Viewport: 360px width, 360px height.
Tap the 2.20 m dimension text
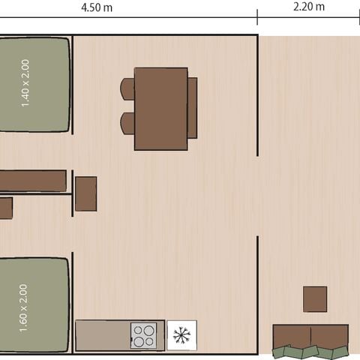click(x=308, y=7)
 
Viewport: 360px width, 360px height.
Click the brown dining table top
click(x=160, y=109)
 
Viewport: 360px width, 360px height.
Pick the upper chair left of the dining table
click(x=127, y=88)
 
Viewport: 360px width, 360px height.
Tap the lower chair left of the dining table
click(x=127, y=123)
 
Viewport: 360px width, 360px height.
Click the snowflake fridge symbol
click(x=181, y=335)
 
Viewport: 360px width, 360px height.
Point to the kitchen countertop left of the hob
click(x=103, y=335)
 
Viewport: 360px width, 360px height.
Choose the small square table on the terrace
click(x=315, y=298)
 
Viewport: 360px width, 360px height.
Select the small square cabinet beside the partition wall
click(x=85, y=193)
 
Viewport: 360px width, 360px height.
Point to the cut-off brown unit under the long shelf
click(x=5, y=208)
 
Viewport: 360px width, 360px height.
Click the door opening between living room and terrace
click(x=257, y=196)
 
